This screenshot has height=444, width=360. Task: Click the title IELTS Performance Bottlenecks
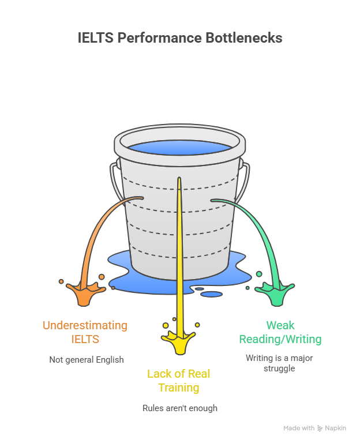coord(180,38)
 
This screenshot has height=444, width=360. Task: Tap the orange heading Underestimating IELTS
coord(85,332)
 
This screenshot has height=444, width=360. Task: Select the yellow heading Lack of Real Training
coord(179,381)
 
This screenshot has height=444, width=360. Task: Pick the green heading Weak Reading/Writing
coord(280,332)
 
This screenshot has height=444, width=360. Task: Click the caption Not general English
coord(87,359)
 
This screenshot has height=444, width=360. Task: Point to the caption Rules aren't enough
coord(180,408)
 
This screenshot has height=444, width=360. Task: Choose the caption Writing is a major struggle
coord(279,363)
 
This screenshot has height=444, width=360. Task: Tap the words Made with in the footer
coord(299,428)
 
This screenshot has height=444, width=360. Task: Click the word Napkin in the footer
coord(337,428)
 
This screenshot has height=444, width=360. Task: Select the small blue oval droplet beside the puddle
coord(212,294)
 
